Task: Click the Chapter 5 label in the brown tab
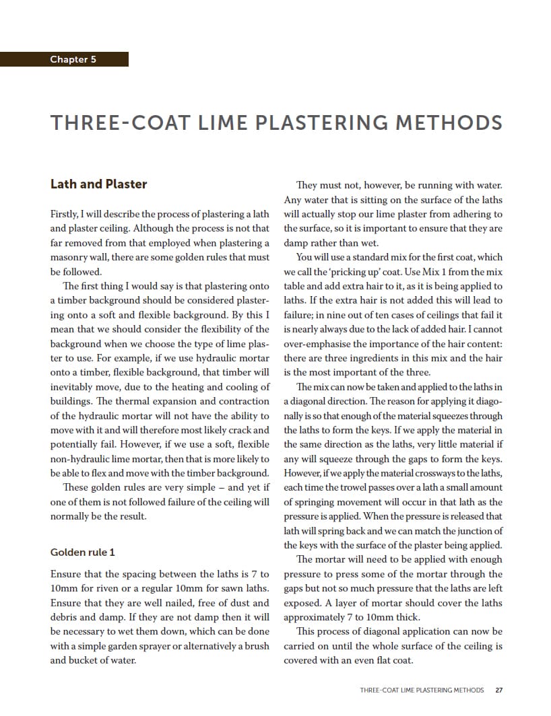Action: [x=73, y=59]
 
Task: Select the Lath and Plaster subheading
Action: [x=98, y=184]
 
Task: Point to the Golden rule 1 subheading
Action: [x=83, y=552]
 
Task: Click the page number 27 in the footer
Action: [x=498, y=690]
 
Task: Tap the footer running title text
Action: [x=413, y=690]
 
